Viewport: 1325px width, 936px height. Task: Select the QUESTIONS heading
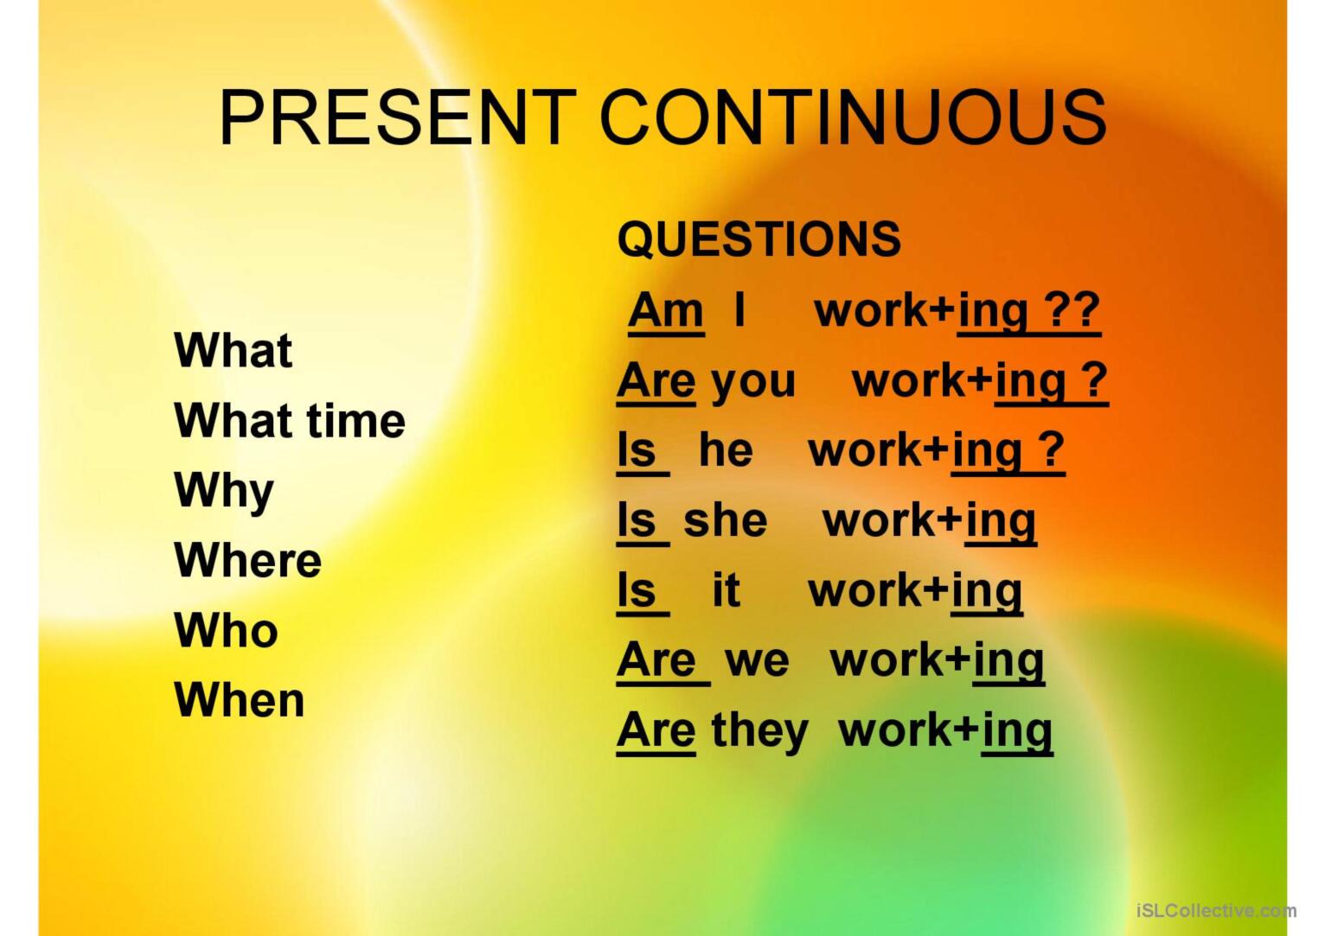tap(759, 240)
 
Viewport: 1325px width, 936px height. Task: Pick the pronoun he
tap(726, 450)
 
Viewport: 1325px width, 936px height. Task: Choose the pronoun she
tap(725, 520)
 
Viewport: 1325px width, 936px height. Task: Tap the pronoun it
tap(726, 589)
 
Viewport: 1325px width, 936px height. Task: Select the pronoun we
tap(757, 662)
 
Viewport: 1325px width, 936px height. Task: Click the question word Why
tap(224, 493)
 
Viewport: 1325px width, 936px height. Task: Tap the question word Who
tap(226, 630)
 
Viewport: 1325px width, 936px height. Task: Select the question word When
tap(240, 700)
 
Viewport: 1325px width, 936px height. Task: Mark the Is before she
tap(637, 520)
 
